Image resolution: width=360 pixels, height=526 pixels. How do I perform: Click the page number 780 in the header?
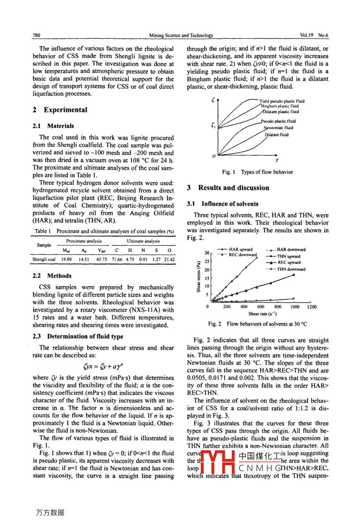36,35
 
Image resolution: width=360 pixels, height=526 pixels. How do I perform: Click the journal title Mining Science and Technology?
181,35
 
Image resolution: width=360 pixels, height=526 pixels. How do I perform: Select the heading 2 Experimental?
60,110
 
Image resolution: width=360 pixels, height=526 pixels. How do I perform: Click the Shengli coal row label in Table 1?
44,259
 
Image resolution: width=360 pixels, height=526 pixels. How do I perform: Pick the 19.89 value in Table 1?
67,259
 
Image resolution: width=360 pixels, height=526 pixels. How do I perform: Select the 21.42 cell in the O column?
169,259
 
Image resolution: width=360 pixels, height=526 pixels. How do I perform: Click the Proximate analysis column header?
84,241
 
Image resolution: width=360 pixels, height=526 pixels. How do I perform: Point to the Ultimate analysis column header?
143,241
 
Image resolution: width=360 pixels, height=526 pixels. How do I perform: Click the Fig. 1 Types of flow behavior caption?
257,172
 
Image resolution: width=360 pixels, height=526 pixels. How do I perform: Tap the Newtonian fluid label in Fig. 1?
278,128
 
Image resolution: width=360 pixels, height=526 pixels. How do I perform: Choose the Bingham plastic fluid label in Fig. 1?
280,106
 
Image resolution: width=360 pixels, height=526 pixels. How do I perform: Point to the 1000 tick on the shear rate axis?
295,307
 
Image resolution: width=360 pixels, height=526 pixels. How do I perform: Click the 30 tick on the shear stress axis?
207,253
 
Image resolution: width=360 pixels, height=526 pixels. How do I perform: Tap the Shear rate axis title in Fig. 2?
262,314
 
